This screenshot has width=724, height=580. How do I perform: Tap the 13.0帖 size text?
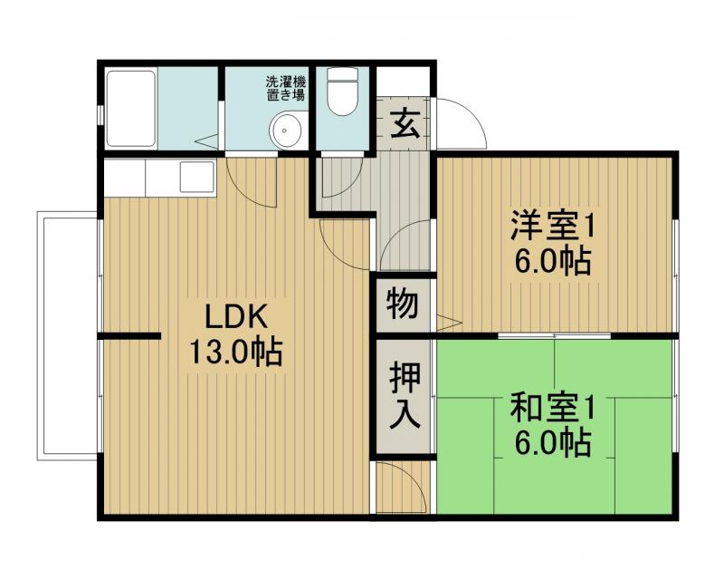(x=235, y=351)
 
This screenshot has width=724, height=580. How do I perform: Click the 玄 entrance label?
(x=404, y=123)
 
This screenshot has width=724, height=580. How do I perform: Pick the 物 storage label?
(x=403, y=304)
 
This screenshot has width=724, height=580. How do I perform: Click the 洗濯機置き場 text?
(x=284, y=87)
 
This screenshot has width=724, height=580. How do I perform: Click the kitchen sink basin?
(x=196, y=176)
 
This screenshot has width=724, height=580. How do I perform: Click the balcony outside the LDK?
(x=68, y=335)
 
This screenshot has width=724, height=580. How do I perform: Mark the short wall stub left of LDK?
(x=129, y=338)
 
